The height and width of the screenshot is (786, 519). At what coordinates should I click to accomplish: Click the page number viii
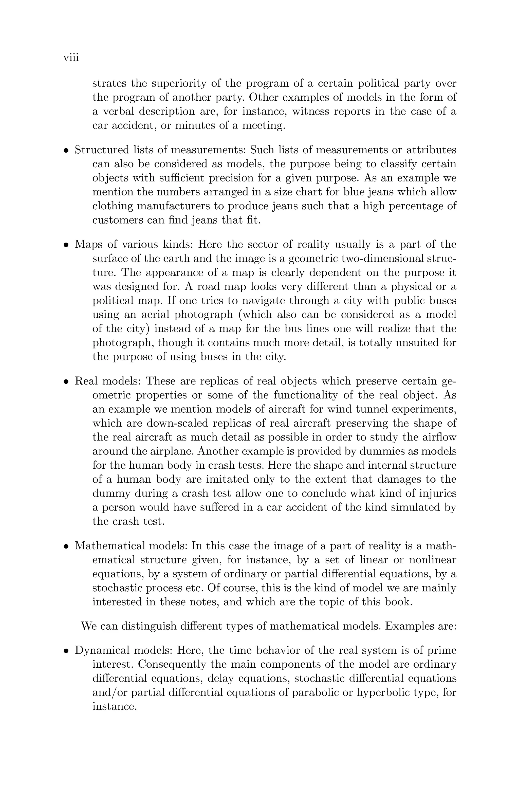tap(71, 58)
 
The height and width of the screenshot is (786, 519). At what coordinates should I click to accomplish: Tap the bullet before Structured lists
tap(66, 151)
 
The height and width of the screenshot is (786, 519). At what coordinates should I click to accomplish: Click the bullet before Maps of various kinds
tap(66, 245)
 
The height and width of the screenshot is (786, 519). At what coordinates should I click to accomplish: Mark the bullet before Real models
tap(66, 382)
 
